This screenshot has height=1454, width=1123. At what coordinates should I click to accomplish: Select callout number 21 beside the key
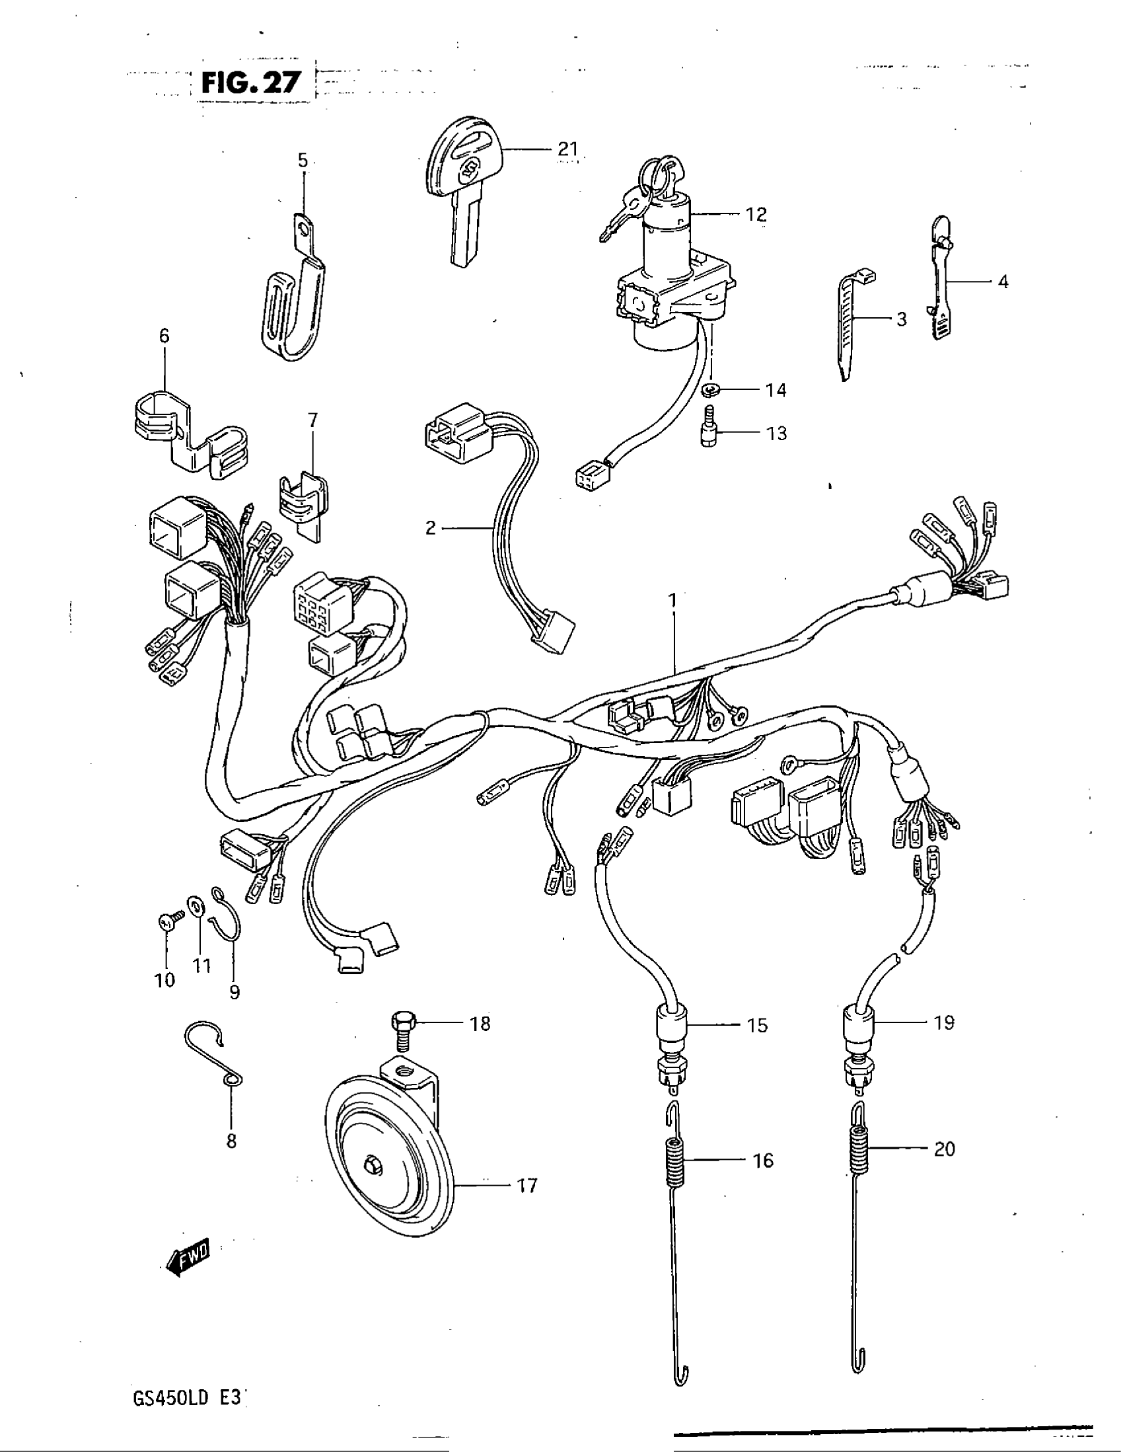[x=567, y=149]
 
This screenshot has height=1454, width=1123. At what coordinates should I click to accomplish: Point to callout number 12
[x=756, y=214]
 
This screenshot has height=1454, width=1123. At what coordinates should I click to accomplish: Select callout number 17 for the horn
[x=526, y=1185]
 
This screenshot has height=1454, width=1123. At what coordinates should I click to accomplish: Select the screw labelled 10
[x=168, y=922]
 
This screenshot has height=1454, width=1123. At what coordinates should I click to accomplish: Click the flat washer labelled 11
[x=198, y=905]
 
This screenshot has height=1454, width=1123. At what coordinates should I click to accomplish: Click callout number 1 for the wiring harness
[x=672, y=601]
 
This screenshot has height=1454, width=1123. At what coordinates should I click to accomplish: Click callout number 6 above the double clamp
[x=164, y=336]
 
